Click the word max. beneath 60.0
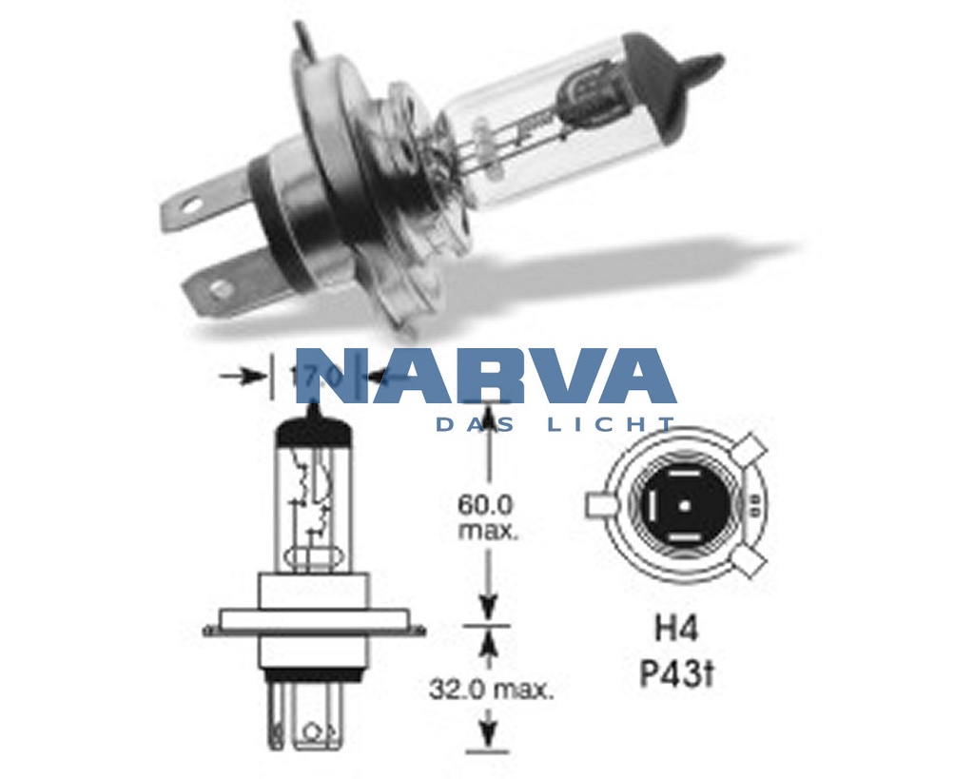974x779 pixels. [488, 530]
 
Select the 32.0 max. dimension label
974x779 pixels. [490, 689]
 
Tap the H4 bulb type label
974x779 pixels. [676, 629]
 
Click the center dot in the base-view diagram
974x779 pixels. [684, 505]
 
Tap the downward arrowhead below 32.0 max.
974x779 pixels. [488, 732]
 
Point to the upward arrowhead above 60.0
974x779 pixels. [488, 417]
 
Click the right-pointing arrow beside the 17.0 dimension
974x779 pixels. [253, 376]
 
